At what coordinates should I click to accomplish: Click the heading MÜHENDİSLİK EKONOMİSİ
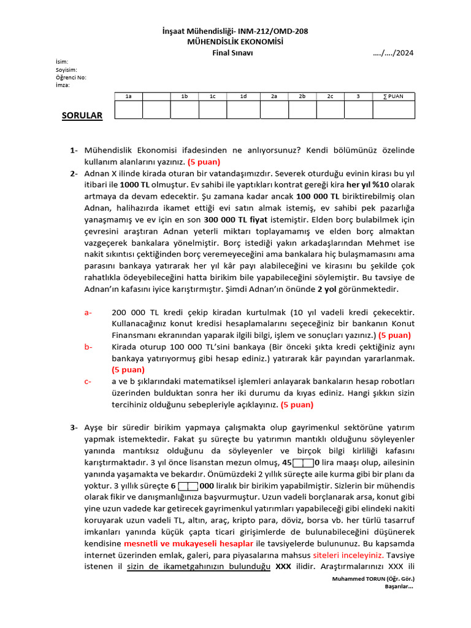[236, 42]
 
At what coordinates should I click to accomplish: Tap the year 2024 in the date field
[404, 53]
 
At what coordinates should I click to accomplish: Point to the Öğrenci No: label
[71, 77]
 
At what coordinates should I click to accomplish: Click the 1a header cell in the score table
[129, 96]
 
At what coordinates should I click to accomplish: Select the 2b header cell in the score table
[302, 96]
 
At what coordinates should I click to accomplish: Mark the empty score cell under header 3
[359, 110]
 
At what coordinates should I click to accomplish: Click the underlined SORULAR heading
[82, 115]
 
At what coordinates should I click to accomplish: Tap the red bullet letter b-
[89, 347]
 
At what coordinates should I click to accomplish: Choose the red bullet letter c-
[88, 381]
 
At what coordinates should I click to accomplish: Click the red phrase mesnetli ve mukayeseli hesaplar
[189, 543]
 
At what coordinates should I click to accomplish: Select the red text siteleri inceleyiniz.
[348, 555]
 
